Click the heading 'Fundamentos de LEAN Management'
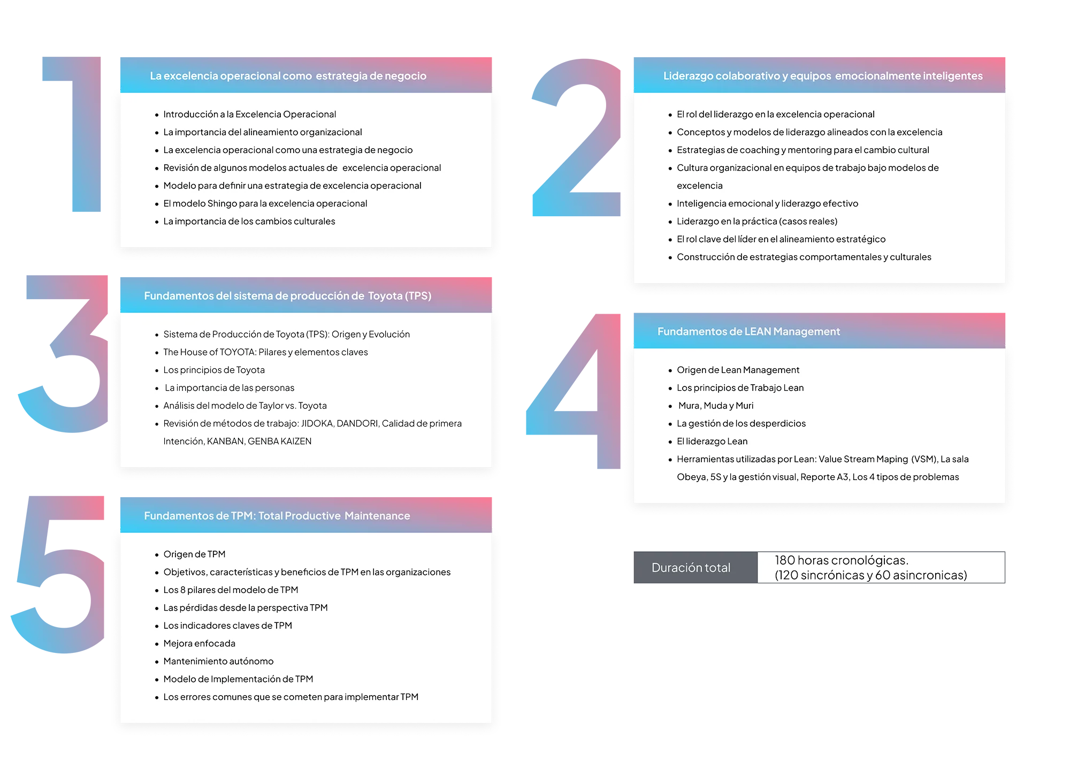tap(748, 332)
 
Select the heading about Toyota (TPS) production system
tap(287, 296)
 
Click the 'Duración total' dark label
tap(691, 568)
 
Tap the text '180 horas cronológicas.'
tap(841, 560)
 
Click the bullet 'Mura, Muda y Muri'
tap(716, 406)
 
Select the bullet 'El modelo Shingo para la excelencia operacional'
tap(265, 203)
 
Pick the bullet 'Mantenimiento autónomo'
tap(218, 661)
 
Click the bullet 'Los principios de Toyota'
tap(214, 370)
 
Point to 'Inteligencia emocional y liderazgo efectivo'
tap(767, 203)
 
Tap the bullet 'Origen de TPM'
tap(194, 554)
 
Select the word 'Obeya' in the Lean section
tap(691, 477)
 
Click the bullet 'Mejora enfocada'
tap(199, 643)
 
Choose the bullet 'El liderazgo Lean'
tap(712, 442)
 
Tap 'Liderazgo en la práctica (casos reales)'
tap(757, 222)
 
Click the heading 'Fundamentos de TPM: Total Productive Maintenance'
tap(277, 516)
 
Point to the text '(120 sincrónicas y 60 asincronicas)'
tap(870, 575)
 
